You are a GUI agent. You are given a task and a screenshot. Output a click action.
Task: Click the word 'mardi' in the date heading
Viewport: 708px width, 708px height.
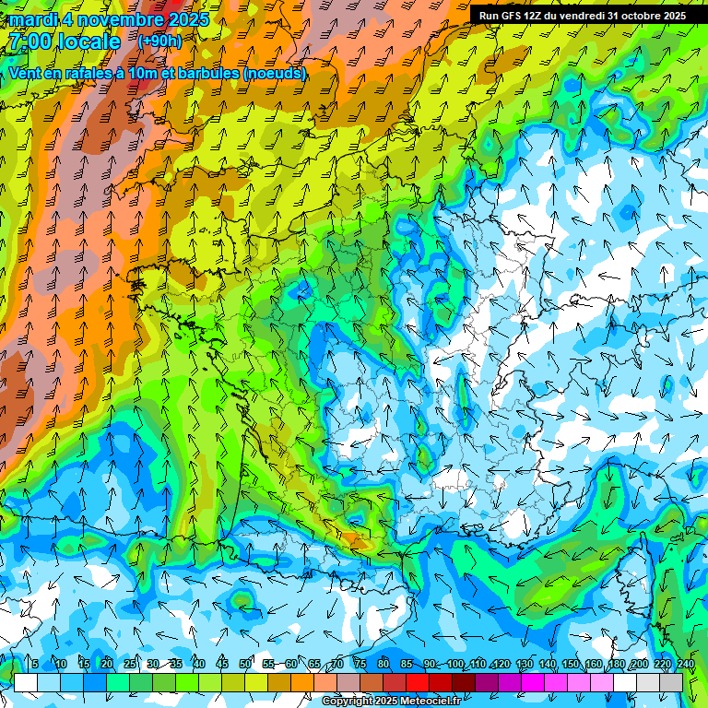tap(32, 19)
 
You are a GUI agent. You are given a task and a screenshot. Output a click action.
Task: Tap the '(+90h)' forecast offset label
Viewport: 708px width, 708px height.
tap(159, 41)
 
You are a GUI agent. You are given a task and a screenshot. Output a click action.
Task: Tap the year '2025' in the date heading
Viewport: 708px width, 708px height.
tap(185, 19)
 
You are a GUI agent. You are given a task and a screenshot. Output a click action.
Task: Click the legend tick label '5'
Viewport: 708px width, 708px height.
tap(34, 664)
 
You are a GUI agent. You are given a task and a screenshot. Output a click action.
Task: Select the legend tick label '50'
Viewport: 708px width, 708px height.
tap(244, 664)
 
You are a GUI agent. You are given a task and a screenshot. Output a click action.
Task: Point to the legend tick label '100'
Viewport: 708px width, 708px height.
tap(455, 664)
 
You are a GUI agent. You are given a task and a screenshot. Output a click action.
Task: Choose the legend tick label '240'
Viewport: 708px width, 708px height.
tap(685, 664)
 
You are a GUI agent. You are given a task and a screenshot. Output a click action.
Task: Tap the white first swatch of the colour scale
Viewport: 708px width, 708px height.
tap(26, 682)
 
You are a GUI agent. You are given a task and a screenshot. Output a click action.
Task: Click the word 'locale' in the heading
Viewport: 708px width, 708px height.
tap(87, 41)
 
